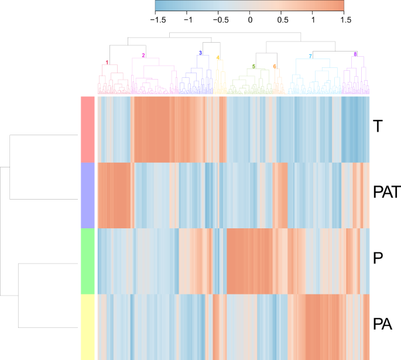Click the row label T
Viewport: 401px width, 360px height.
pyautogui.click(x=378, y=126)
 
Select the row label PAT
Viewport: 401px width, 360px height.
pyautogui.click(x=386, y=192)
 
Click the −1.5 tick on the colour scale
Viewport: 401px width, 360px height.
pyautogui.click(x=157, y=19)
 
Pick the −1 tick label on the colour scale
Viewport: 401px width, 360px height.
pyautogui.click(x=188, y=19)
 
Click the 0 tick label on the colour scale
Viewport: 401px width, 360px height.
pyautogui.click(x=250, y=19)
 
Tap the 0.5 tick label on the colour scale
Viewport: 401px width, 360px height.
pyautogui.click(x=282, y=19)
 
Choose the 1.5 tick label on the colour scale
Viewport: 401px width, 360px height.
pyautogui.click(x=345, y=19)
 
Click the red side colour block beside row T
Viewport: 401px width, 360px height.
pyautogui.click(x=87, y=129)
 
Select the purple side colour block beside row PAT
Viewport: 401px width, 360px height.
pyautogui.click(x=87, y=195)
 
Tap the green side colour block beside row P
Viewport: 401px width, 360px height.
pyautogui.click(x=87, y=261)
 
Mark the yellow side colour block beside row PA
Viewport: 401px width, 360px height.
pyautogui.click(x=87, y=327)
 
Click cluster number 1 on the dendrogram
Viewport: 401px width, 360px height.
pyautogui.click(x=107, y=62)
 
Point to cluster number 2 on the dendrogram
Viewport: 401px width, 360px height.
pyautogui.click(x=143, y=56)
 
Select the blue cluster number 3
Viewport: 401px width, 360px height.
pyautogui.click(x=200, y=53)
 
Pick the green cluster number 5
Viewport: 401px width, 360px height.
pyautogui.click(x=253, y=66)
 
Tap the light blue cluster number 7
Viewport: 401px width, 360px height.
pyautogui.click(x=310, y=56)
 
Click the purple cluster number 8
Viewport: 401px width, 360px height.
pyautogui.click(x=355, y=54)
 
